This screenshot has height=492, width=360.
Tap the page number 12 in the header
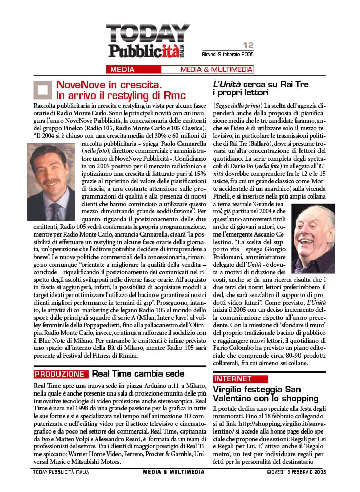(x=248, y=45)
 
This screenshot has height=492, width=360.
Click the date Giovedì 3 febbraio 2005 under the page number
(x=228, y=54)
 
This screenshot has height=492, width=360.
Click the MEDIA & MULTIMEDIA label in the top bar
(x=216, y=69)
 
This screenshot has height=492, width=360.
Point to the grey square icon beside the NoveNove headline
(x=43, y=89)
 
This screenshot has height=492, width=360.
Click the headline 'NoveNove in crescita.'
(x=109, y=84)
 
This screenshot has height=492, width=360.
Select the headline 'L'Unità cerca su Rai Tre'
(x=261, y=84)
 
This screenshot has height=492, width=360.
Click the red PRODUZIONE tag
(x=60, y=374)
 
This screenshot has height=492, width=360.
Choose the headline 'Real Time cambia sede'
(x=138, y=373)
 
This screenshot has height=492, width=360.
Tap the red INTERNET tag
(x=233, y=379)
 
